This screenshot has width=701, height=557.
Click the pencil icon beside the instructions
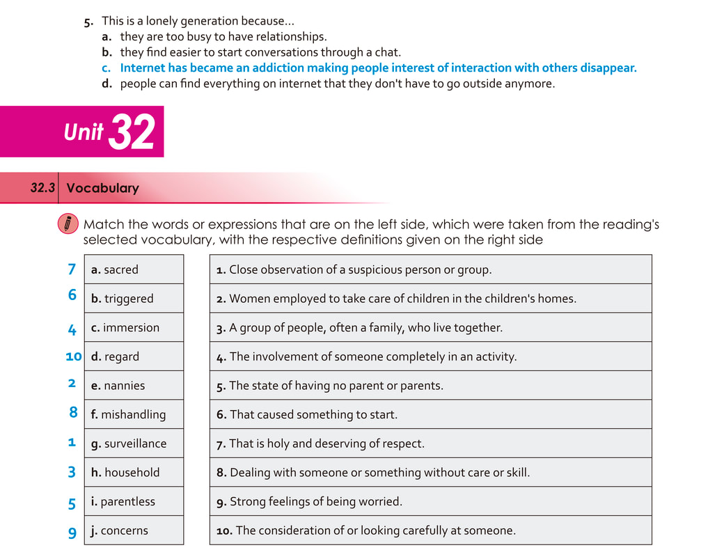tap(67, 224)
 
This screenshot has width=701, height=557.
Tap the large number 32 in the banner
tap(132, 132)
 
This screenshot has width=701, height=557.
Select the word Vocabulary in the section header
tap(102, 188)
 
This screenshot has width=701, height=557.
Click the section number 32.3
tap(42, 188)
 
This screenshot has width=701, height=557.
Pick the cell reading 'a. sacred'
tap(134, 269)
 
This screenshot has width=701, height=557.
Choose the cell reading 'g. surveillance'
tap(134, 444)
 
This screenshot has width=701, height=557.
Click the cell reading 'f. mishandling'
tap(134, 414)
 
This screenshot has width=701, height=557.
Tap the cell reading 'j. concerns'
tap(134, 531)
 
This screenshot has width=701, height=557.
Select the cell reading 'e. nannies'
tap(134, 385)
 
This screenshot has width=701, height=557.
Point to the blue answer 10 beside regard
tap(73, 356)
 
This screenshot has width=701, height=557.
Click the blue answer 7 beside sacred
tap(72, 269)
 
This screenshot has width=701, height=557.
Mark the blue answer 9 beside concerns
tap(72, 533)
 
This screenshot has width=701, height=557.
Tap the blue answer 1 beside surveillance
tap(72, 442)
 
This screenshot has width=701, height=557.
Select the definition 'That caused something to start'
tap(313, 414)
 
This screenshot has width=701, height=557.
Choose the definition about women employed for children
tap(395, 299)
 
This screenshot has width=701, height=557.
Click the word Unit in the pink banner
tap(83, 132)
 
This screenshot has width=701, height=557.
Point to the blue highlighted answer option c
tap(378, 68)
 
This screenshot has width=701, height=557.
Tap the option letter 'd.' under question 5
tap(107, 84)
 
